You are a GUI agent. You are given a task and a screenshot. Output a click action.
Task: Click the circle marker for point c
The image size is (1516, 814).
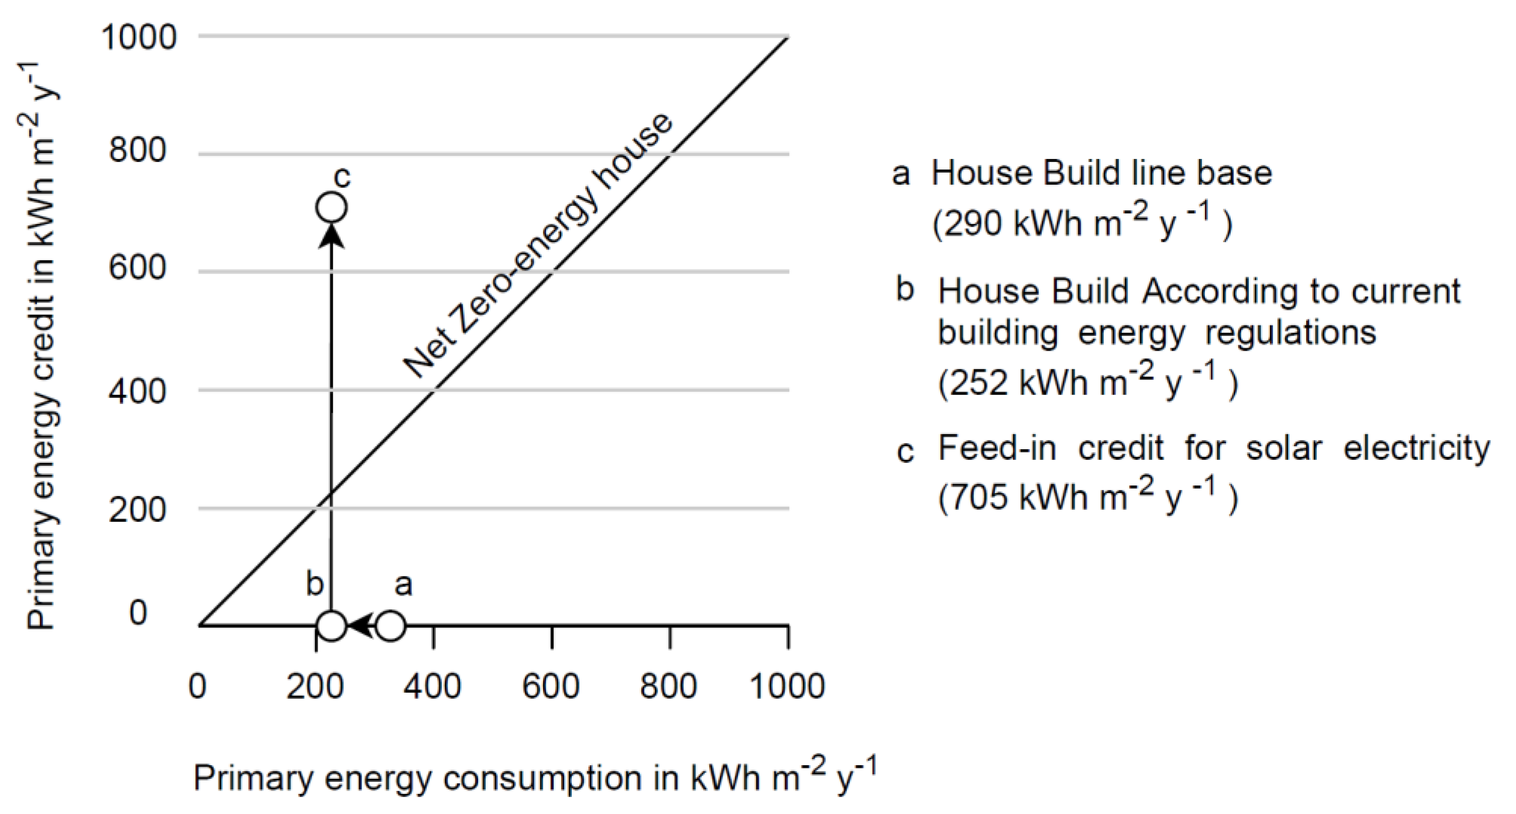point(331,208)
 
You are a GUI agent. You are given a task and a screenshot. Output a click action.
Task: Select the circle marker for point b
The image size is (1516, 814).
point(331,626)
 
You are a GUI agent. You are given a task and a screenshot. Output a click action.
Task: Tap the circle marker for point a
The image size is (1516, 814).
point(390,626)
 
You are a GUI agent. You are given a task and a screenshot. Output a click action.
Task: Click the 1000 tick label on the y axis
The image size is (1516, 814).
point(139,37)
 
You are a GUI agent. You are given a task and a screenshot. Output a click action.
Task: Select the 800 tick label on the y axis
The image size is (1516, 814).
point(138,150)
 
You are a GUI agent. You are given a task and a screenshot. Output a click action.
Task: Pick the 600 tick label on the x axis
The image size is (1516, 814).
point(551,686)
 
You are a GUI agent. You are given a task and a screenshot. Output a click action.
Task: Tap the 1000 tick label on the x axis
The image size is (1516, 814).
point(787,686)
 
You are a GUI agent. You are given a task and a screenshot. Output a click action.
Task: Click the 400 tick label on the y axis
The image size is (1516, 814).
point(138,391)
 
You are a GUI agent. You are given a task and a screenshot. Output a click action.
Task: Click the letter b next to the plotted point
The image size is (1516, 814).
point(315,584)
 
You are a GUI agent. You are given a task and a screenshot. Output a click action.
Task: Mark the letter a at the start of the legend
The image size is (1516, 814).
point(901,174)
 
